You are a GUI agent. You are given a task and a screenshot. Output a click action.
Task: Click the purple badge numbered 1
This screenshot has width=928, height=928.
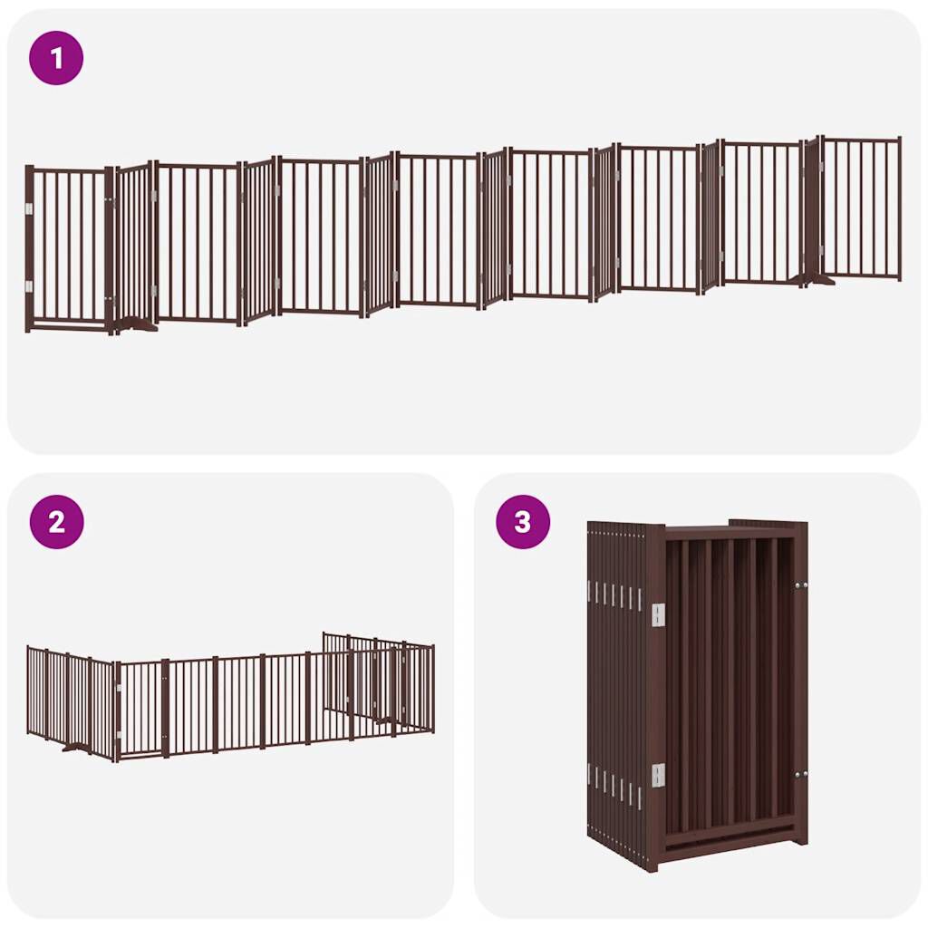click(x=56, y=59)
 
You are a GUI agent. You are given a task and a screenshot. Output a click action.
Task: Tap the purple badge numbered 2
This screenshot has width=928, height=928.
click(x=56, y=522)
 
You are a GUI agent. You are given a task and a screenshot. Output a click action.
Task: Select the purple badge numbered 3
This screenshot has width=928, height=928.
click(x=522, y=522)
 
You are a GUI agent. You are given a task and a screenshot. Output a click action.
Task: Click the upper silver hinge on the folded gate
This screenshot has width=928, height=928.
click(x=658, y=614)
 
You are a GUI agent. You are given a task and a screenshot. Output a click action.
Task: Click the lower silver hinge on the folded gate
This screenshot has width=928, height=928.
click(x=658, y=775)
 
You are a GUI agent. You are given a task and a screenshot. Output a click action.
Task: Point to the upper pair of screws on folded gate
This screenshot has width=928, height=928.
click(x=800, y=586)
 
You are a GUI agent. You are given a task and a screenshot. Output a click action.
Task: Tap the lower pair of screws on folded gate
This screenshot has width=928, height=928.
click(x=800, y=775)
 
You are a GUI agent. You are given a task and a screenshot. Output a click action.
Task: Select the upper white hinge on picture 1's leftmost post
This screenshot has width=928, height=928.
click(x=29, y=209)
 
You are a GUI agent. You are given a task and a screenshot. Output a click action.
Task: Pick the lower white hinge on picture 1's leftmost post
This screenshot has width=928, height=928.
click(x=29, y=286)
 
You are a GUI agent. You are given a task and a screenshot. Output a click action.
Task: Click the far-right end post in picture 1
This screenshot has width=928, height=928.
click(x=898, y=208)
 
